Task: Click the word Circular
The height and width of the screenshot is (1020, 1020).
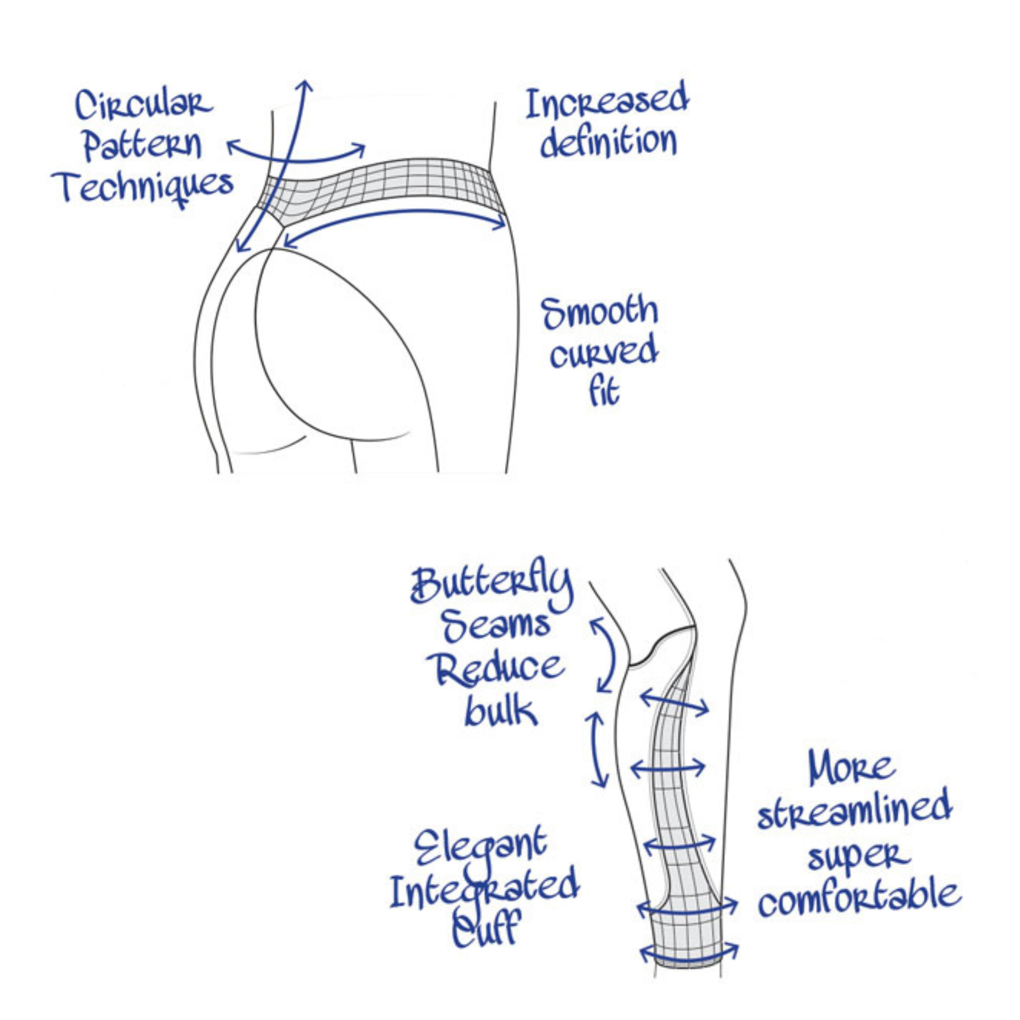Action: (144, 105)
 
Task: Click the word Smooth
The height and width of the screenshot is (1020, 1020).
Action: (600, 313)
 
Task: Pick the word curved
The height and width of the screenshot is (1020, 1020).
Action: (603, 352)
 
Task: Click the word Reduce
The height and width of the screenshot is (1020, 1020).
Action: (495, 669)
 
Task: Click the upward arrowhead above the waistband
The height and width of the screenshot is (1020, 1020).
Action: (305, 86)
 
